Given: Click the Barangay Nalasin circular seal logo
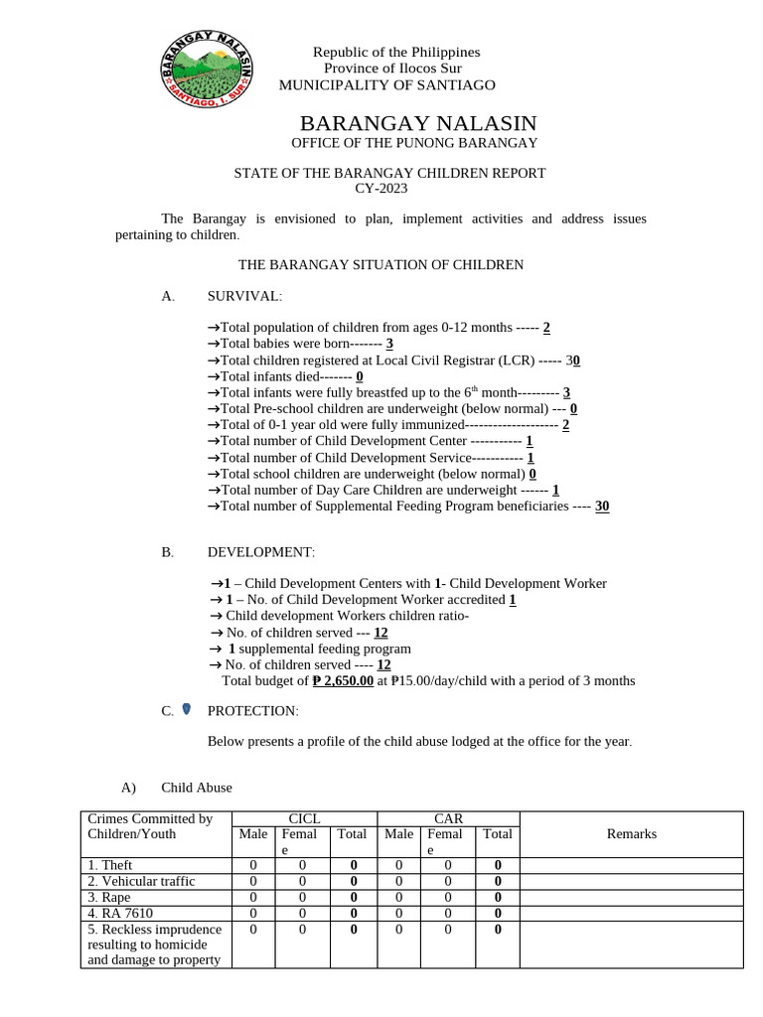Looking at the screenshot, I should [209, 67].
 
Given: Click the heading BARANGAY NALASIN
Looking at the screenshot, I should [417, 123].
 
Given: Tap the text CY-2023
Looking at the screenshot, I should [381, 189].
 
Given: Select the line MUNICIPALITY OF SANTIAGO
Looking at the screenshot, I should [386, 85].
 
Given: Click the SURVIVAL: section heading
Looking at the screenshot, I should [244, 296].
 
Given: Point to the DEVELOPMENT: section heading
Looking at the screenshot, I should [260, 551].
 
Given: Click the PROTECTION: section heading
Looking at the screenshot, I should [252, 711].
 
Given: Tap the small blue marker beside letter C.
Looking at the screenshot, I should [186, 709].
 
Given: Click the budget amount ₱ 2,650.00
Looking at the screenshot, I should [343, 681].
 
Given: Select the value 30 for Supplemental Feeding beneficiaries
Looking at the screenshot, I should [602, 507].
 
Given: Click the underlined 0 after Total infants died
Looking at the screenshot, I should [360, 377].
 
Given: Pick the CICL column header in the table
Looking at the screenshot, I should [304, 818].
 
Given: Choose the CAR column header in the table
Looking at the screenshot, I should [448, 818].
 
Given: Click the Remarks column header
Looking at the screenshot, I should [631, 834].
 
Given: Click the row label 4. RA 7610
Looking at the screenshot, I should [120, 913].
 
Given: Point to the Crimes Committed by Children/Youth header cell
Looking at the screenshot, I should [150, 826].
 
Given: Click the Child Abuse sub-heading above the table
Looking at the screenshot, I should [197, 788].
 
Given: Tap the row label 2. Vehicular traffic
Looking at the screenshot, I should [141, 882].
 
